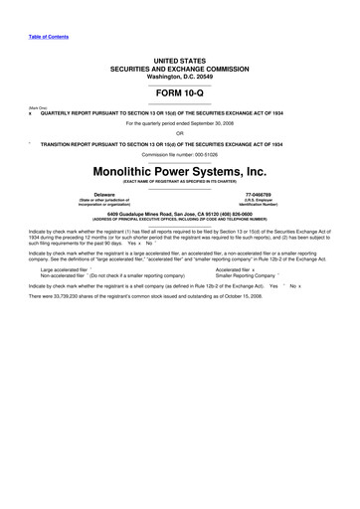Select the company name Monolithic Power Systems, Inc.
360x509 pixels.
[x=179, y=171]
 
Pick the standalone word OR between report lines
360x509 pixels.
[x=179, y=132]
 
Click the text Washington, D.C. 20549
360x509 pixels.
[x=179, y=77]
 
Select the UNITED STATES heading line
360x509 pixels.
[x=179, y=61]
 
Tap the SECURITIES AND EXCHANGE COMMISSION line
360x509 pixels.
[x=179, y=69]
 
